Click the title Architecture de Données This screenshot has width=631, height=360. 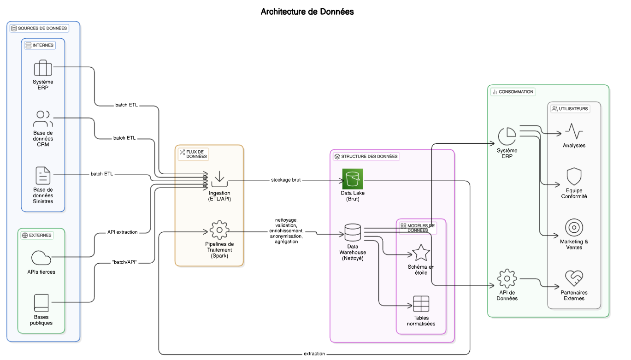[307, 12]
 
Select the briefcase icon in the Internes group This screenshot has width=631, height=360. [43, 68]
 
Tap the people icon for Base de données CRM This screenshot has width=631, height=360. [43, 119]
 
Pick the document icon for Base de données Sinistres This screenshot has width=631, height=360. [43, 176]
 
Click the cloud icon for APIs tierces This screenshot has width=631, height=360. [41, 258]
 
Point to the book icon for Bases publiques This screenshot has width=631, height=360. [41, 303]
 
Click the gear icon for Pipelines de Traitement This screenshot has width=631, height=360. [219, 230]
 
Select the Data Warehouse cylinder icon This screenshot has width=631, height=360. [353, 232]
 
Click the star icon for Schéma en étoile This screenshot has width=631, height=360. [421, 253]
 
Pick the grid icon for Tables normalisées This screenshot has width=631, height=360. [421, 304]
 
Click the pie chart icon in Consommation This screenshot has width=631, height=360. [507, 136]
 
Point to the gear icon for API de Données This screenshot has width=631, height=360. [507, 279]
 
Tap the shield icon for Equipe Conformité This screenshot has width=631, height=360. [574, 177]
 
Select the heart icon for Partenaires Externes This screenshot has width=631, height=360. [574, 278]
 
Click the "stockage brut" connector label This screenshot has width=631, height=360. [286, 180]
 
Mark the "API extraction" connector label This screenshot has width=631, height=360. [123, 232]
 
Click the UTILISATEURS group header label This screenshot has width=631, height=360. [570, 109]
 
